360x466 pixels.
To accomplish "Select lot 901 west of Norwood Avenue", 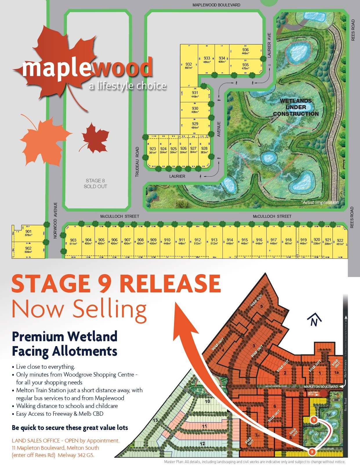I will pos(28,233).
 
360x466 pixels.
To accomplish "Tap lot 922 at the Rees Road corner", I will pos(340,242).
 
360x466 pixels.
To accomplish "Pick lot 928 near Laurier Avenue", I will pos(204,150).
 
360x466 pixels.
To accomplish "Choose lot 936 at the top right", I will pos(245,51).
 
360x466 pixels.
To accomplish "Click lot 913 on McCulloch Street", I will pos(214,241).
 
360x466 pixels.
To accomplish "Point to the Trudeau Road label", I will pos(138,162).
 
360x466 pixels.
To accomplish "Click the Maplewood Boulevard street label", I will pos(216,5).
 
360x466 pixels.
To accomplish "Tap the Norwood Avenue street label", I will pos(56,220).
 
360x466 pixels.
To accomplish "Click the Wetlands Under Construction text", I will pos(296,107).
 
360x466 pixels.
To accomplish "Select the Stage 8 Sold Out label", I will pos(95,183).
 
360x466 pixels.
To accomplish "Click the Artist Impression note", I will pos(321,202).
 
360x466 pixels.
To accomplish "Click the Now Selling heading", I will pos(79,309).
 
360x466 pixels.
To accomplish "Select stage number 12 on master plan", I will pos(202,443).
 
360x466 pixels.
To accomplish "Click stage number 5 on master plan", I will pos(261,306).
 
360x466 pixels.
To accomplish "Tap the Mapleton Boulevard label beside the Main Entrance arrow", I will pos(321,387).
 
